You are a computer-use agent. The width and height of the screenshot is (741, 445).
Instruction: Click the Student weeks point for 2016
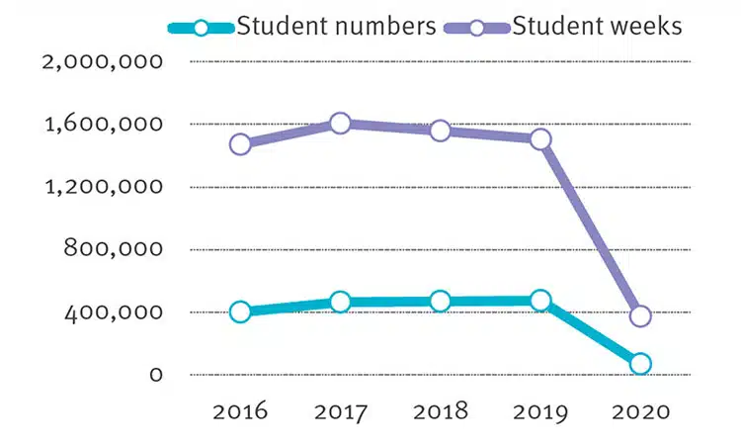click(240, 143)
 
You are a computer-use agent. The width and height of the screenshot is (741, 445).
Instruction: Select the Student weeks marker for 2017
click(341, 124)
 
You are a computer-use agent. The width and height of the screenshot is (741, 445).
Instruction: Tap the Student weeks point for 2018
click(441, 131)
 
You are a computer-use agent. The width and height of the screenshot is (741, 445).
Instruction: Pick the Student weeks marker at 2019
click(540, 139)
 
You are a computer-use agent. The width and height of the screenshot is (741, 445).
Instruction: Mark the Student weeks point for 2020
click(640, 316)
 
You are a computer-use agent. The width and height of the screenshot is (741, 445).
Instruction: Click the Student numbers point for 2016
click(240, 312)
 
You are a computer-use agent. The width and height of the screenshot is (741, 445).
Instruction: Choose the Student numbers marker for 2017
click(341, 302)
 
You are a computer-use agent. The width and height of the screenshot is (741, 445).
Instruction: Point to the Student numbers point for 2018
click(441, 301)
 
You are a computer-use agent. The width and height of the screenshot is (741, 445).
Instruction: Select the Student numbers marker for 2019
click(540, 301)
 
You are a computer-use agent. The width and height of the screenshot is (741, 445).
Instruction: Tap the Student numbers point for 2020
click(640, 364)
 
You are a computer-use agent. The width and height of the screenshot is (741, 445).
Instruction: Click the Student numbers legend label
click(336, 26)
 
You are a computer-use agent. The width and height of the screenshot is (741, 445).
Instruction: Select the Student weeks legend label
click(597, 26)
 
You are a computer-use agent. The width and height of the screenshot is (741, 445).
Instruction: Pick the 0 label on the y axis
click(154, 375)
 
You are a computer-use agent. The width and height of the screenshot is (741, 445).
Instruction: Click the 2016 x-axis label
click(240, 410)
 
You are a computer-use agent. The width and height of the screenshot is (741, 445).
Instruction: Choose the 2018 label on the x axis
click(441, 410)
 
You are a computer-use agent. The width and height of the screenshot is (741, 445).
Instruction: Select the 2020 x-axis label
click(640, 410)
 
